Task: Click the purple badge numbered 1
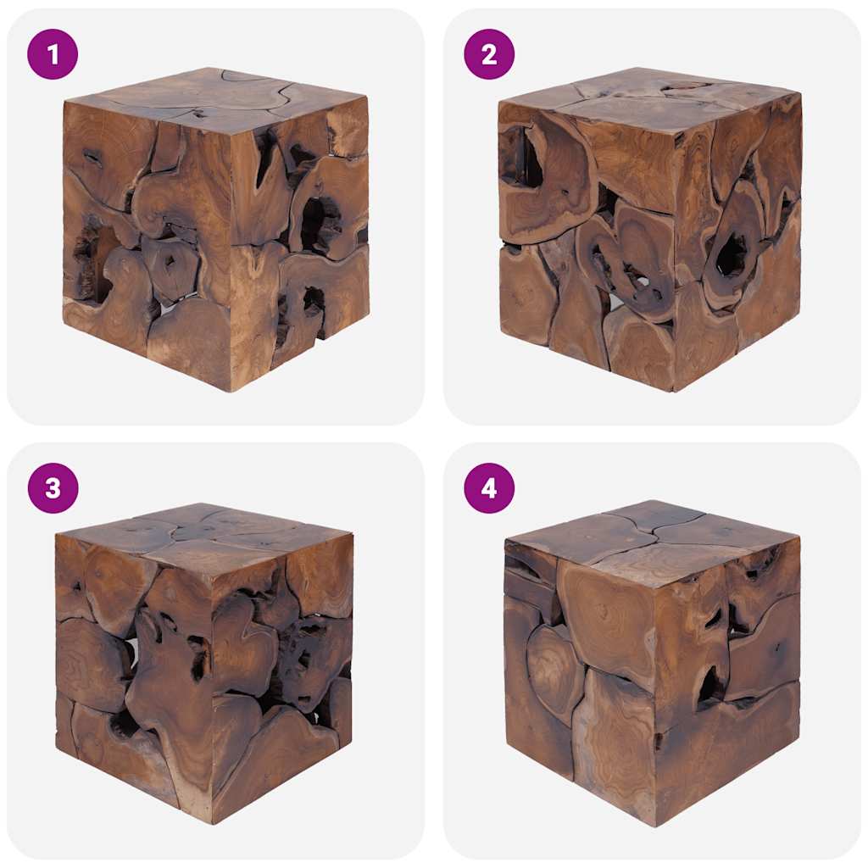click(53, 54)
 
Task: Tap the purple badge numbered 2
click(489, 54)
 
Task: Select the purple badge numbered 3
click(53, 488)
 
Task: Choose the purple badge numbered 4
click(489, 488)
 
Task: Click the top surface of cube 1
click(216, 97)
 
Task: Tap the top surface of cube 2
click(648, 97)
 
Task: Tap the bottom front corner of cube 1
click(230, 391)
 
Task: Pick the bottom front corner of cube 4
click(654, 825)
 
